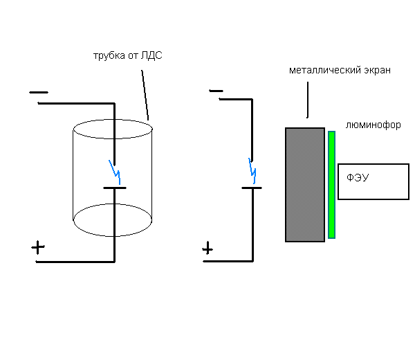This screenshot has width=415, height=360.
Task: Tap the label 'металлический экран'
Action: point(340,71)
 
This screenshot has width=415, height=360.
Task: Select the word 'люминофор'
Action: point(373,125)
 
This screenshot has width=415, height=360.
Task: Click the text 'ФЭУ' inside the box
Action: point(358,178)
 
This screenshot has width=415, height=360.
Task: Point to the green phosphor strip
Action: point(332,184)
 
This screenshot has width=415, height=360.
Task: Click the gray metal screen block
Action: point(305,184)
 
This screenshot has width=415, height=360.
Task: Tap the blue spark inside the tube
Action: point(115,168)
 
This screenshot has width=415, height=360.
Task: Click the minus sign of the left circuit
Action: point(39,91)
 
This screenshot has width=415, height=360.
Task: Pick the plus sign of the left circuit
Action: point(39,249)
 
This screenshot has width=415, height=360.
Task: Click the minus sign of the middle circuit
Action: point(215,91)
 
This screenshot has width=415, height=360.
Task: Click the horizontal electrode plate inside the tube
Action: point(114,188)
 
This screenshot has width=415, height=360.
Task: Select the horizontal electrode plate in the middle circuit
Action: point(251,187)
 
